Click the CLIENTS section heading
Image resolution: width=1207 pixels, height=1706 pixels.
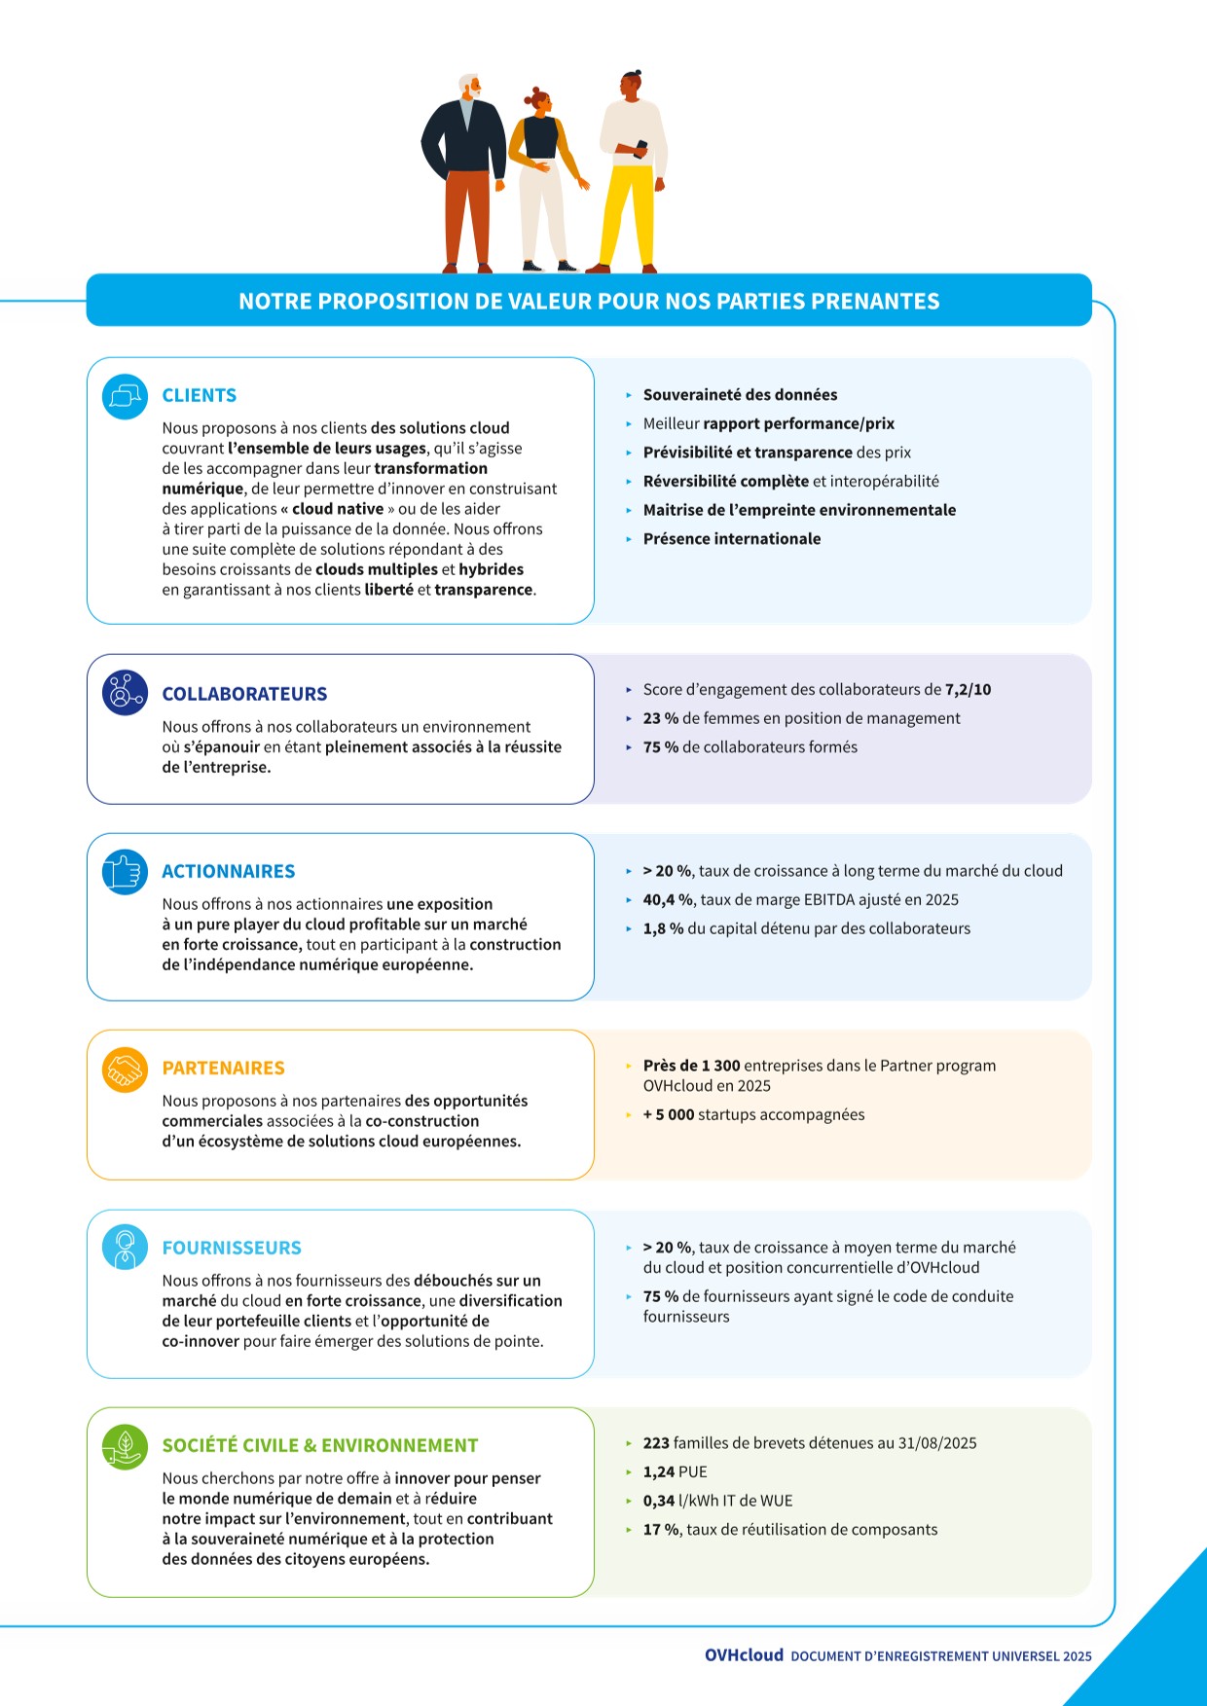point(199,395)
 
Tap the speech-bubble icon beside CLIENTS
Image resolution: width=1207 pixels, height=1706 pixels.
point(125,397)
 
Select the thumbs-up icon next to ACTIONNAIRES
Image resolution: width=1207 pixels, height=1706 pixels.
point(125,871)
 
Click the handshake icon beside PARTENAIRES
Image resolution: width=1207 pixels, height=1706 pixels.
point(125,1070)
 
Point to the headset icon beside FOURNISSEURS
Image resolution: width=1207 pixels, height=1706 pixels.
point(125,1248)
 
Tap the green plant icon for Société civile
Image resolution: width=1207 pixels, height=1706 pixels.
point(125,1446)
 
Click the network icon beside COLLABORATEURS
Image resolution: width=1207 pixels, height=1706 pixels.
point(125,693)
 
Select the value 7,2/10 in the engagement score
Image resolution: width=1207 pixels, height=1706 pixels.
point(968,690)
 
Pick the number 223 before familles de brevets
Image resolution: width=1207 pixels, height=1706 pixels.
point(656,1443)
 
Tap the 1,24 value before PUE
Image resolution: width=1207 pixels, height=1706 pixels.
point(659,1472)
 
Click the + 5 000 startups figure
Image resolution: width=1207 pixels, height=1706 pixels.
point(669,1115)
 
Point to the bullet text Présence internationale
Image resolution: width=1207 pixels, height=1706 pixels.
point(731,539)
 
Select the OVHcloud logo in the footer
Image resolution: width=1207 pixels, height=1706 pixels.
point(744,1655)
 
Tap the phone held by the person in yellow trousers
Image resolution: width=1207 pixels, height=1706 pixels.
point(640,149)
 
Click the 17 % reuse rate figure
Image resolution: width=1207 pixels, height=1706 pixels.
point(661,1530)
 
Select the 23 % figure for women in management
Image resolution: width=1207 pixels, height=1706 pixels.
point(660,718)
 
